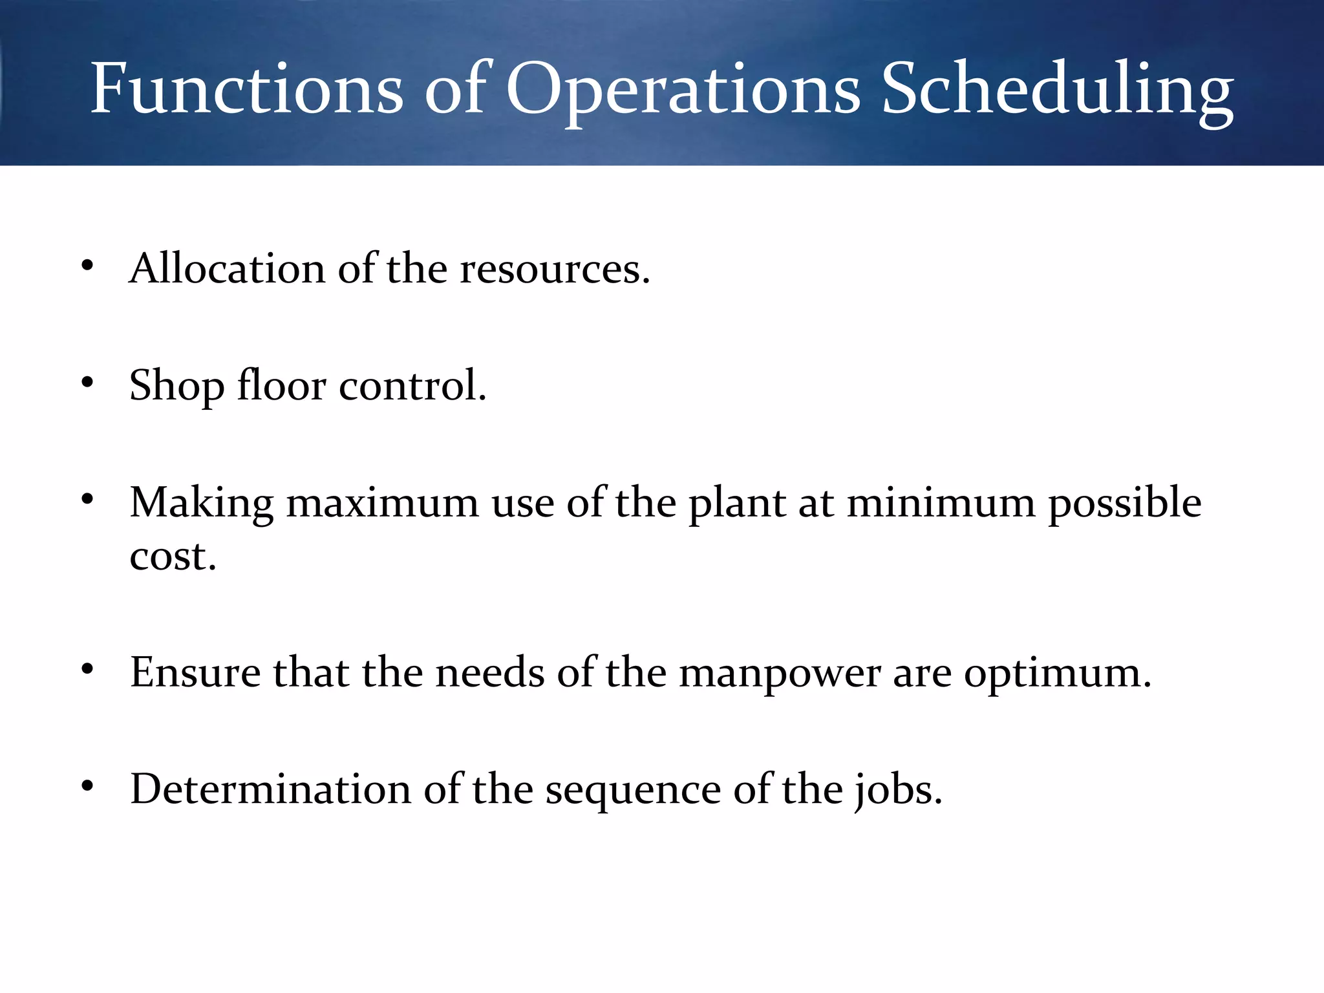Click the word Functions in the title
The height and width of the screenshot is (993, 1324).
click(246, 89)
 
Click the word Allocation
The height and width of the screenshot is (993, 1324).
click(227, 268)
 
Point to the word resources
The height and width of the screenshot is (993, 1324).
click(554, 270)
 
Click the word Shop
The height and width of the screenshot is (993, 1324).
click(176, 386)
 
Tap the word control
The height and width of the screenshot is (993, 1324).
click(412, 386)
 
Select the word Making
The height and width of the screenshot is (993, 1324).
click(202, 504)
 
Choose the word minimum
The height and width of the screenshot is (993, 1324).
click(941, 504)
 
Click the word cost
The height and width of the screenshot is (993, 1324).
click(173, 556)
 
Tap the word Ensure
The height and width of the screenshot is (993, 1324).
click(195, 672)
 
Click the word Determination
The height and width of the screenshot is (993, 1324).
click(271, 789)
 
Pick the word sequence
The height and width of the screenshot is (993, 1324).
click(633, 791)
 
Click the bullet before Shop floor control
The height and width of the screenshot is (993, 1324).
click(88, 383)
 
